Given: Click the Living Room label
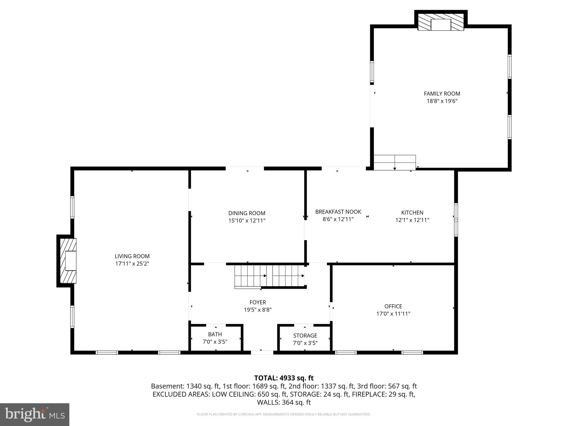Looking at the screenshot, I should [x=132, y=256].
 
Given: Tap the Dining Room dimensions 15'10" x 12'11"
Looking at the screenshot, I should [x=247, y=221].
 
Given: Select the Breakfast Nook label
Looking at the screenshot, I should [x=338, y=212].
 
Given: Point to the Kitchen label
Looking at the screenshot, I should [x=412, y=213].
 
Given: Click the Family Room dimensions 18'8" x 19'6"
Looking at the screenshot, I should [x=442, y=101].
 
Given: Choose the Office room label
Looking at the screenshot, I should [x=393, y=306].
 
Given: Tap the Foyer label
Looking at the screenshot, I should [x=258, y=302].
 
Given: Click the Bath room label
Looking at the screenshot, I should [x=215, y=334].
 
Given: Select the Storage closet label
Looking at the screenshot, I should [x=305, y=336].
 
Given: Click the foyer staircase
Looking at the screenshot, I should [x=269, y=276].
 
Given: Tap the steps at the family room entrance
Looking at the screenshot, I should [x=394, y=162].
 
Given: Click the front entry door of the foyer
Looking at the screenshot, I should [x=262, y=353].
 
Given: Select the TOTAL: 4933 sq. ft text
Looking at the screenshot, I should [x=284, y=378].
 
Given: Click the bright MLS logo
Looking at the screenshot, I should [x=34, y=414].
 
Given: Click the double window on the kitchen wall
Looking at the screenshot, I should [x=456, y=220].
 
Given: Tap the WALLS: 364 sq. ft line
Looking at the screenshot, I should [x=284, y=402].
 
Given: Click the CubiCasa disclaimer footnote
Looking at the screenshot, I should [x=284, y=414].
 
